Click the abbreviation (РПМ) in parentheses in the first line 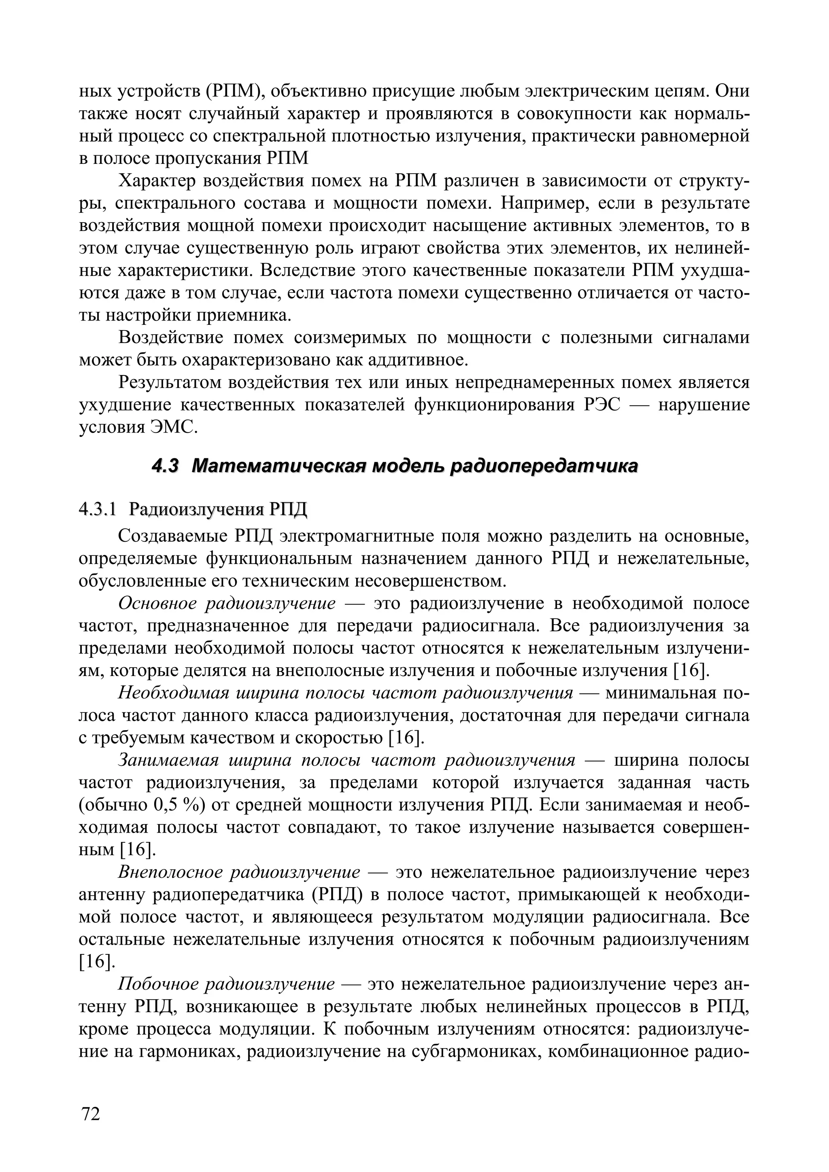pos(232,91)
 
